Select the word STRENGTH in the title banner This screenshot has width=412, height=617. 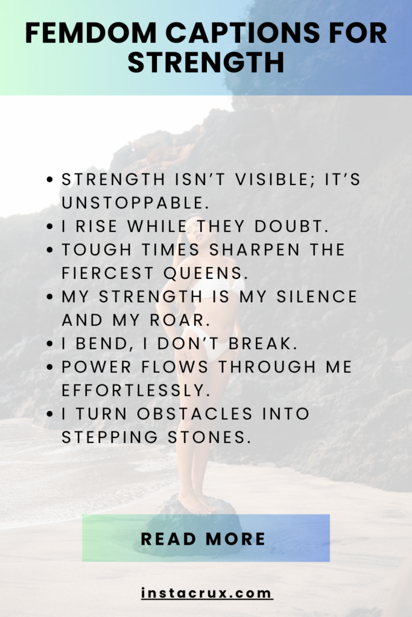pos(206,62)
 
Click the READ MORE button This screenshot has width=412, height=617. pos(206,538)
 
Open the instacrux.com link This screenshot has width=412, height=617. pos(206,593)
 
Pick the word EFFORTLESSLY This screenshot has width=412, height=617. pos(136,390)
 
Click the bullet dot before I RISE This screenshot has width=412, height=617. pos(52,226)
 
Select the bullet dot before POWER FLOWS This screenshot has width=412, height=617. pos(52,367)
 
